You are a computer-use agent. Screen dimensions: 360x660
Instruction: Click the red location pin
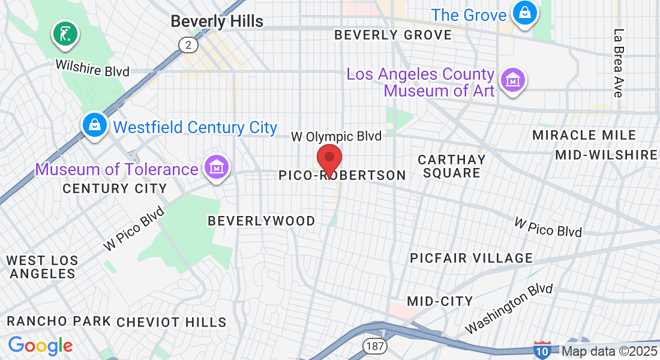point(329,159)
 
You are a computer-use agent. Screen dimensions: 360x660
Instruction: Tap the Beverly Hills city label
point(217,21)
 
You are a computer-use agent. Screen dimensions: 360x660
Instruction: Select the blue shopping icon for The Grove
point(524,13)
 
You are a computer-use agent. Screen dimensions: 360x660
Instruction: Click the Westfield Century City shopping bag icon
point(95,125)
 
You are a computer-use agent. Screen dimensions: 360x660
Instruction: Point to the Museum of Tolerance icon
point(216,167)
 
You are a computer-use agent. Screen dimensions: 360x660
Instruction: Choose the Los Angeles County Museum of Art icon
point(514,80)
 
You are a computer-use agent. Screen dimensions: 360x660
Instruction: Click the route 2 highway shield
point(188,44)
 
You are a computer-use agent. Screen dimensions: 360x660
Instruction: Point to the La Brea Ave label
point(619,62)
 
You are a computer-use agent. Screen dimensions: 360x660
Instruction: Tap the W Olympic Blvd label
point(336,137)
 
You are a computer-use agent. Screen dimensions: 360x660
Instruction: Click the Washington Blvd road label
point(509,308)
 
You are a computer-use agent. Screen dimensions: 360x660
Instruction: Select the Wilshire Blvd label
point(92,67)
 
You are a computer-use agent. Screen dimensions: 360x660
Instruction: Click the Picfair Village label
point(471,258)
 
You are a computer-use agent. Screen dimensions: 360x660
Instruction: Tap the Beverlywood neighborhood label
point(261,221)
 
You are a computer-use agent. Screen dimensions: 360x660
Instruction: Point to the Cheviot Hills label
point(172,322)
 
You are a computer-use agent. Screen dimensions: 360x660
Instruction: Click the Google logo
point(40,346)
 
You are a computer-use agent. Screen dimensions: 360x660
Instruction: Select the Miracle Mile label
point(584,135)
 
